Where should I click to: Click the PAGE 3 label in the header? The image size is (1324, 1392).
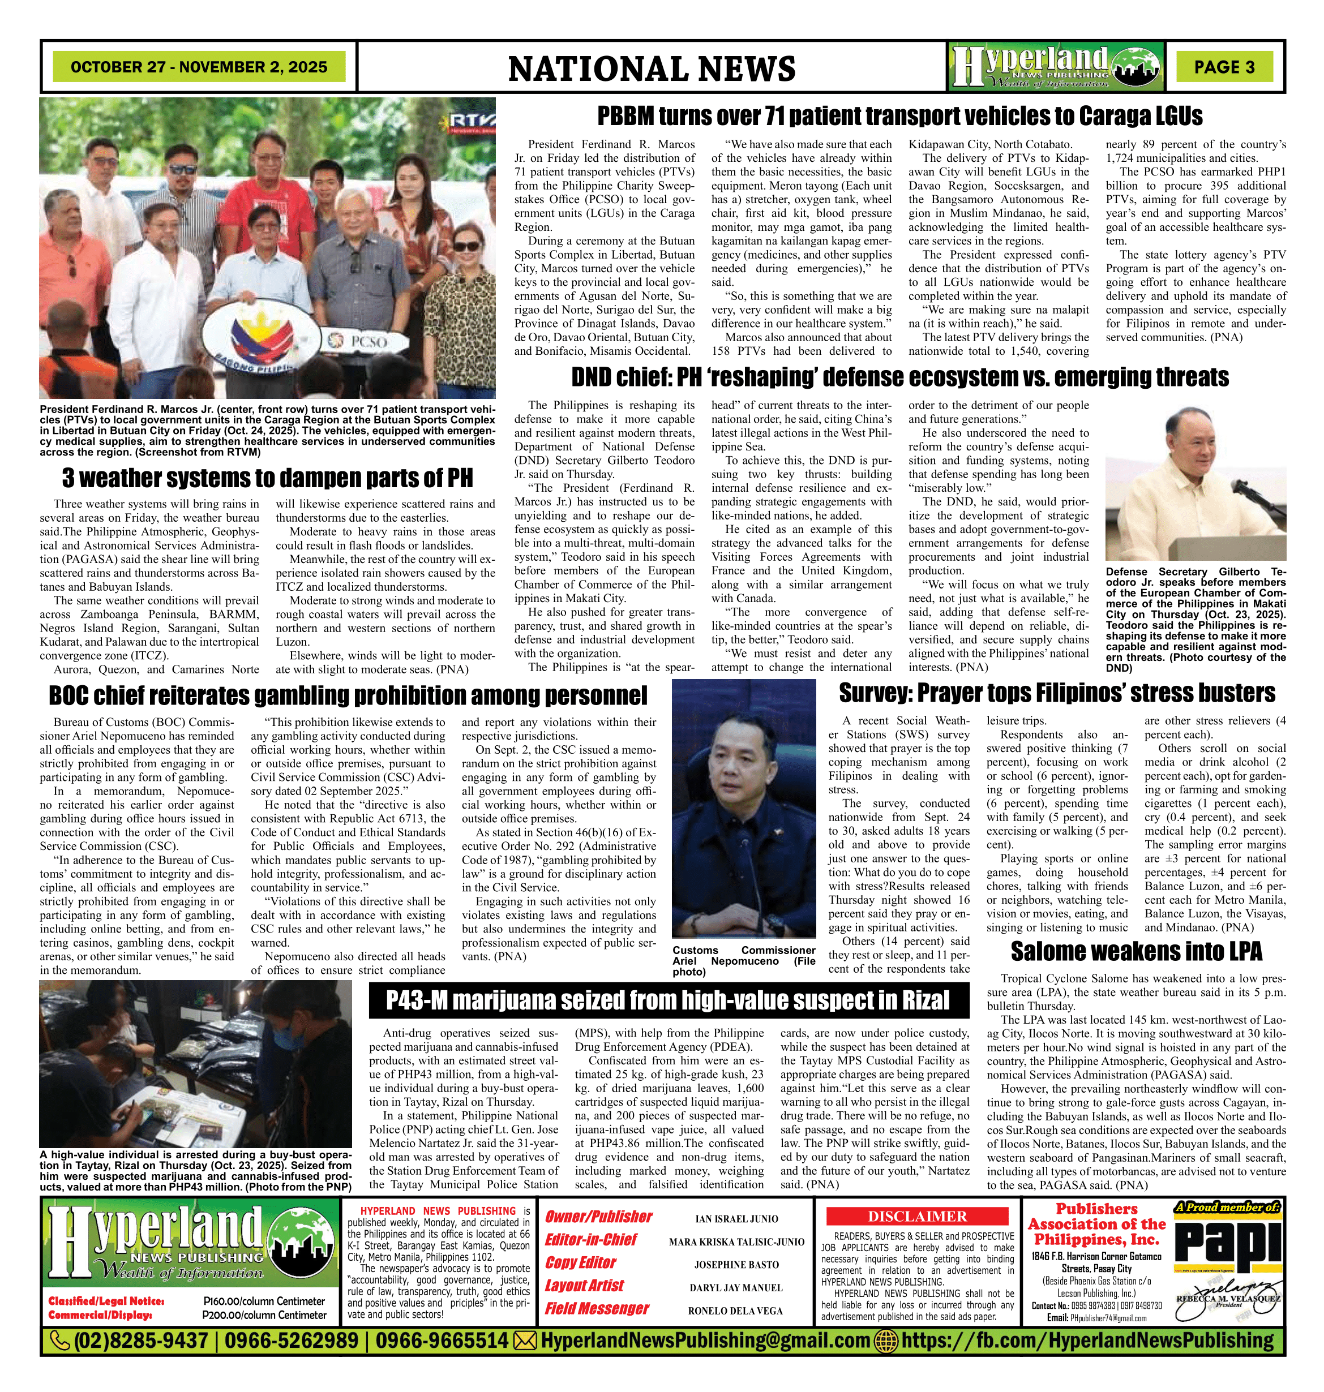coord(1224,67)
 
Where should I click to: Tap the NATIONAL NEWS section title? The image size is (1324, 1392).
coord(652,68)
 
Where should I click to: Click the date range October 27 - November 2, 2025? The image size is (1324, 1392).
coord(199,67)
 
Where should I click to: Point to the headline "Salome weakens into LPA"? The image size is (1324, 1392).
coord(1136,952)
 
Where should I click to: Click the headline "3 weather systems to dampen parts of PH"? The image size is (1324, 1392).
coord(268,478)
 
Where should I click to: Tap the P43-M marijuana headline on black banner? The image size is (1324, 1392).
coord(667,1000)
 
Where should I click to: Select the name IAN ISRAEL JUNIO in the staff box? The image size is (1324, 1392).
coord(736,1218)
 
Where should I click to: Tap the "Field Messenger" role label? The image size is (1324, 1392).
coord(597,1309)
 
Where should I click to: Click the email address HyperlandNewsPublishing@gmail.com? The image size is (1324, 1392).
coord(704,1341)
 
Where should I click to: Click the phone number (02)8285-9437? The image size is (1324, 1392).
coord(140,1341)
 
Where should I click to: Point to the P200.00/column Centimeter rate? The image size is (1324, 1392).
coord(264,1315)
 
